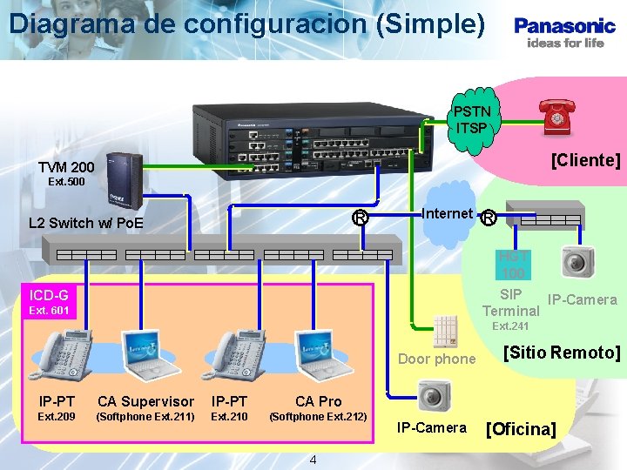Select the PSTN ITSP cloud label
tap(472, 119)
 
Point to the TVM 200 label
tap(66, 166)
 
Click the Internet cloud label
tap(447, 213)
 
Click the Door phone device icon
tap(445, 331)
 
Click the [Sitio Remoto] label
tap(562, 352)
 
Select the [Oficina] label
tap(521, 429)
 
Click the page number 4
tap(313, 460)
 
